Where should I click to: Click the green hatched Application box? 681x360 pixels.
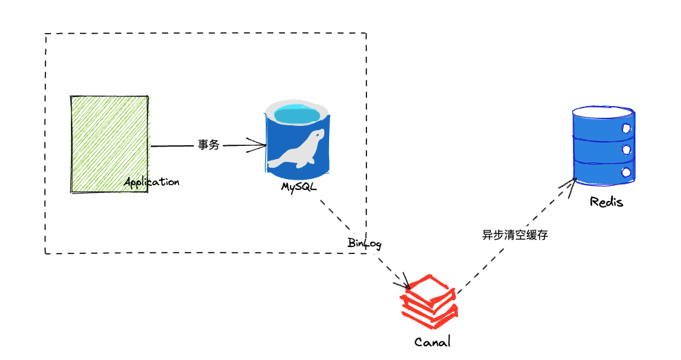click(109, 142)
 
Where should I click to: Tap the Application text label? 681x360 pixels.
click(151, 182)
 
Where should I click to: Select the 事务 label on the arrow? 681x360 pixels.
click(208, 145)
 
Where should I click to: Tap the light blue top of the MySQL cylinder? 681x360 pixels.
click(297, 112)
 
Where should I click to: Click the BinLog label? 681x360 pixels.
click(364, 244)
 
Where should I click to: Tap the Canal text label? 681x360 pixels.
click(432, 341)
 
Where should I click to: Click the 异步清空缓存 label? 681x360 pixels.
click(515, 234)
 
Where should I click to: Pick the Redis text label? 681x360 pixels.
click(606, 202)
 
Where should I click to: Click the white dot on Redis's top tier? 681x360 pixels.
click(626, 128)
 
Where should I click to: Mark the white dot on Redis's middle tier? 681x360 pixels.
click(626, 149)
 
